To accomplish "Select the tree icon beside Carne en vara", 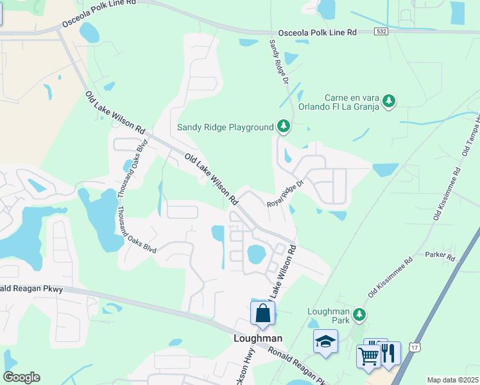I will tap(388, 101).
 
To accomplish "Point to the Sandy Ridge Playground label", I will tap(225, 127).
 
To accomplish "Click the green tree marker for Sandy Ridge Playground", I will tap(284, 126).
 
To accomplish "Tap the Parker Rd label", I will tap(440, 257).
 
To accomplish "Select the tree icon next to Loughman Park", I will tap(361, 314).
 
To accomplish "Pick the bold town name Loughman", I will tap(257, 338).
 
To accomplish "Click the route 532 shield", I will tap(382, 31).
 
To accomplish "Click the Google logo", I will tap(21, 377).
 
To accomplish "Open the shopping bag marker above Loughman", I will tap(262, 314).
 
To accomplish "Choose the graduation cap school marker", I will tap(326, 341).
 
